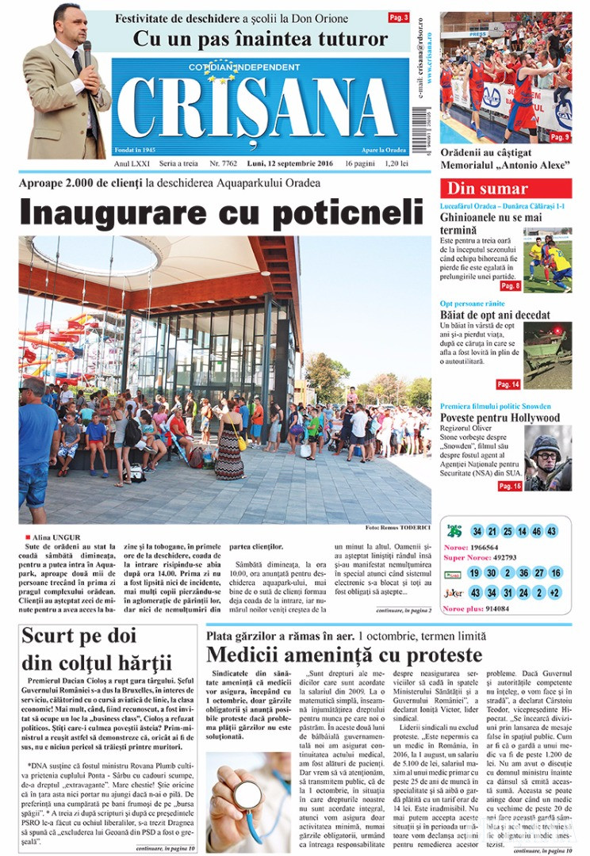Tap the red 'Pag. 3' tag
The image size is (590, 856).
pos(399,17)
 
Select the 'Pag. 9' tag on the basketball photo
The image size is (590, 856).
pos(560,137)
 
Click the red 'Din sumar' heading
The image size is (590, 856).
pos(487,189)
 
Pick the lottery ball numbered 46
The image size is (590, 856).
pos(536,531)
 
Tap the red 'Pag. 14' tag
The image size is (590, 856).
pos(508,384)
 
